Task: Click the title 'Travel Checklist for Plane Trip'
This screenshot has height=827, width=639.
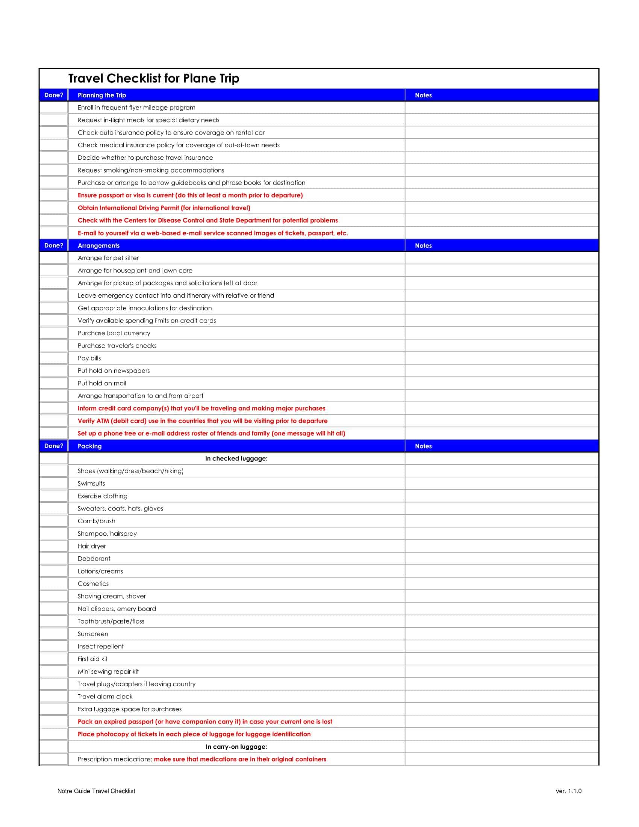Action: click(x=154, y=79)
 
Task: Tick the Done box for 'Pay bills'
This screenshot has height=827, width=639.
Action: click(x=53, y=358)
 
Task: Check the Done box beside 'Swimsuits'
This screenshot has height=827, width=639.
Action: click(x=53, y=483)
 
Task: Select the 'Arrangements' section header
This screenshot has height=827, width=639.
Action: click(x=98, y=245)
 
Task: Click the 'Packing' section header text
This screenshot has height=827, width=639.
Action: click(x=90, y=446)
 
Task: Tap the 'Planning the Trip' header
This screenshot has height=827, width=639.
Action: click(x=102, y=95)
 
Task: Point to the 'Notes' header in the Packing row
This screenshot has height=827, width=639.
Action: click(x=423, y=446)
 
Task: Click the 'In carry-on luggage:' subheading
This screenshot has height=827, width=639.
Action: click(x=236, y=747)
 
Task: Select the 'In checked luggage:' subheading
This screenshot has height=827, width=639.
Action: click(x=236, y=459)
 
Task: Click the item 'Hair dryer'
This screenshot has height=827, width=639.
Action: click(x=92, y=546)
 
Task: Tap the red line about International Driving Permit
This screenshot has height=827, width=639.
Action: click(x=164, y=208)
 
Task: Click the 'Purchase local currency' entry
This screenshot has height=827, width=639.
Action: click(x=114, y=333)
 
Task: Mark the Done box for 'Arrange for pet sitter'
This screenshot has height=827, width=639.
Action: click(x=53, y=258)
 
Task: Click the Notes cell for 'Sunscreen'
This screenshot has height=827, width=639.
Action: click(x=501, y=634)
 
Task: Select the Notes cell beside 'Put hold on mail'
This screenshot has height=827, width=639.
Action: click(x=501, y=383)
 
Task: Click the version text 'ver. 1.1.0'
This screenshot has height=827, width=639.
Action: click(x=569, y=791)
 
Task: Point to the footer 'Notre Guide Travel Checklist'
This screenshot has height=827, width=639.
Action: click(x=96, y=791)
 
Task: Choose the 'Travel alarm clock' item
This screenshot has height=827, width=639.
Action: click(x=105, y=696)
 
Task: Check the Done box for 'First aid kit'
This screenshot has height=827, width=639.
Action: click(x=53, y=659)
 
